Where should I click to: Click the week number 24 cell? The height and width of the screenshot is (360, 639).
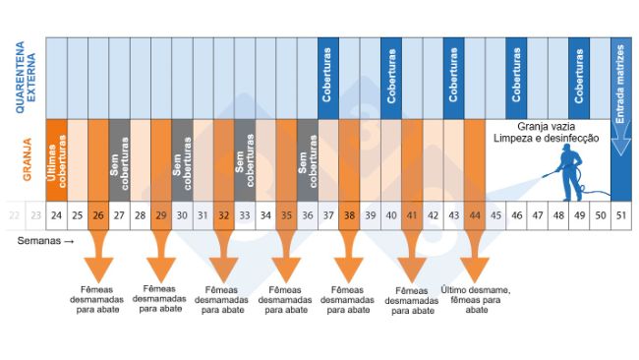pos(56,214)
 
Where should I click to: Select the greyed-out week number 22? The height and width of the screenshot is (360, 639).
pos(14,214)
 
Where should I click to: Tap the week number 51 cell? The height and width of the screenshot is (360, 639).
pos(620,214)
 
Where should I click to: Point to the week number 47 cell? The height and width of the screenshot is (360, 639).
pos(537,214)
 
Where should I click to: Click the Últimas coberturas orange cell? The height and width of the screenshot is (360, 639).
pos(56,159)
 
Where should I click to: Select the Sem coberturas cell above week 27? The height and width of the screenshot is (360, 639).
pos(119,159)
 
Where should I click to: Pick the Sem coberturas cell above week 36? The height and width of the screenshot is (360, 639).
pos(307,159)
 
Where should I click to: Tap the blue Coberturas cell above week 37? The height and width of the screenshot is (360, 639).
pos(327,78)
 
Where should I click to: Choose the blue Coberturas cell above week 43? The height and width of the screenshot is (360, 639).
pos(453,78)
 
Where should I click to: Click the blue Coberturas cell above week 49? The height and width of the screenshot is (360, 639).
pos(579,78)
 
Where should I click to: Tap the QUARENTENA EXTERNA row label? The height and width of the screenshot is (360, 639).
pos(21,78)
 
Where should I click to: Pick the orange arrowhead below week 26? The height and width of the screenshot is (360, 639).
pos(98,267)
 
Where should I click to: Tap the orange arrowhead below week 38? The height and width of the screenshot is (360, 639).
pos(349,267)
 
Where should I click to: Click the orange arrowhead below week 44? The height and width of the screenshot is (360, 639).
pos(475,267)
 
